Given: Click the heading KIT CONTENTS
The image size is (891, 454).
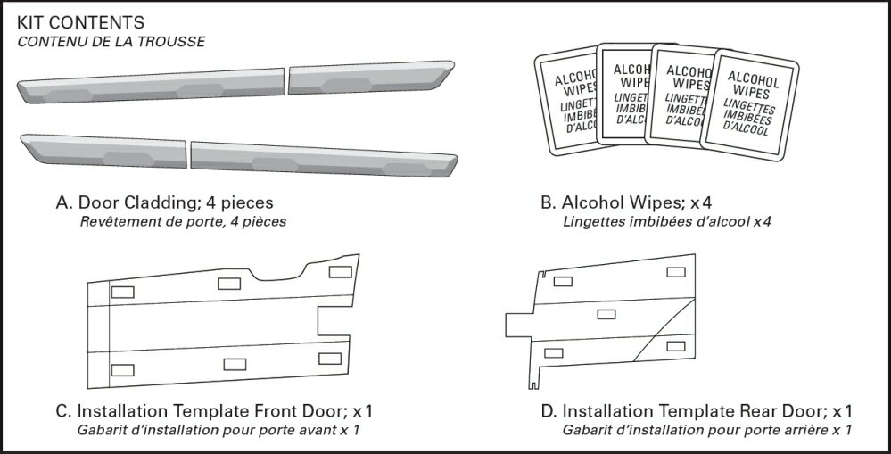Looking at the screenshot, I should pos(80,21).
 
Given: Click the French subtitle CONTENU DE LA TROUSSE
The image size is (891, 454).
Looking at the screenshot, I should pos(111,41).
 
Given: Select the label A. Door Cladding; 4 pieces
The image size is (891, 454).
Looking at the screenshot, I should pos(164,202).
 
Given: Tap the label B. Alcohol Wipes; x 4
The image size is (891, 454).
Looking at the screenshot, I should pos(625,202).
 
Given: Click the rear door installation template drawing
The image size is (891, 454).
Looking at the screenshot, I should pos(615,321).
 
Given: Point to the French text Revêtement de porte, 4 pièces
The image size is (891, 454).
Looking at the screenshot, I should pos(183,222).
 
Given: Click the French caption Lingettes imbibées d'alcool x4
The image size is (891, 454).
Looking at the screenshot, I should pos(666,222).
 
